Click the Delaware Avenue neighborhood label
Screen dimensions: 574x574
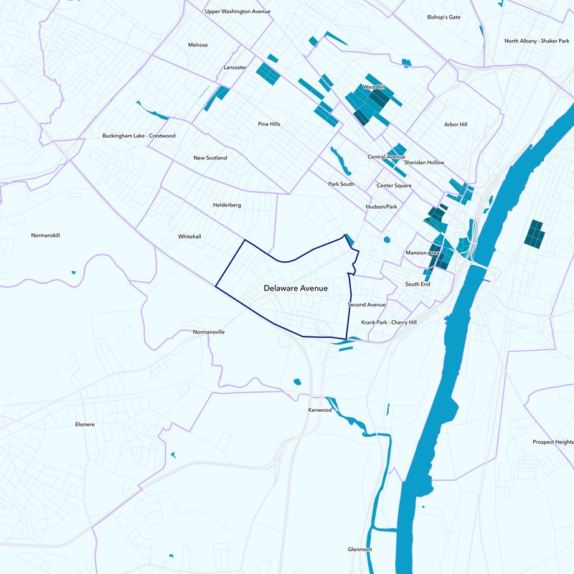(301, 288)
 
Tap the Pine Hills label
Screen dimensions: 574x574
(269, 124)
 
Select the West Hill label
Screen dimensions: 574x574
(374, 87)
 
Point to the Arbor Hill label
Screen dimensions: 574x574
(456, 124)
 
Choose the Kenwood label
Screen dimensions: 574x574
(320, 410)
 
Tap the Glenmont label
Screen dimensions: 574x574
(359, 549)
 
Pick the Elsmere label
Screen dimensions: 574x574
(85, 424)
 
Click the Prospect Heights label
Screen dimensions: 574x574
(552, 442)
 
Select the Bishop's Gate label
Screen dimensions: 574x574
(443, 17)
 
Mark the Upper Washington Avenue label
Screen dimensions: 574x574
(237, 11)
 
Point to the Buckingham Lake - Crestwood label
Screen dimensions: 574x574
(138, 135)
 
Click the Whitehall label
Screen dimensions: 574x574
(189, 236)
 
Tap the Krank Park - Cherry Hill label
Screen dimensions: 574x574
(388, 322)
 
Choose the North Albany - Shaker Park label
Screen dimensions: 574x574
(538, 41)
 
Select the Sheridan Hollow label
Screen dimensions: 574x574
(424, 162)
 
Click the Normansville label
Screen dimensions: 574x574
(209, 332)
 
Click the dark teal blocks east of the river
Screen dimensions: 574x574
(533, 234)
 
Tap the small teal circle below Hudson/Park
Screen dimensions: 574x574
(387, 240)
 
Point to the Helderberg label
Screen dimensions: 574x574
(227, 205)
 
